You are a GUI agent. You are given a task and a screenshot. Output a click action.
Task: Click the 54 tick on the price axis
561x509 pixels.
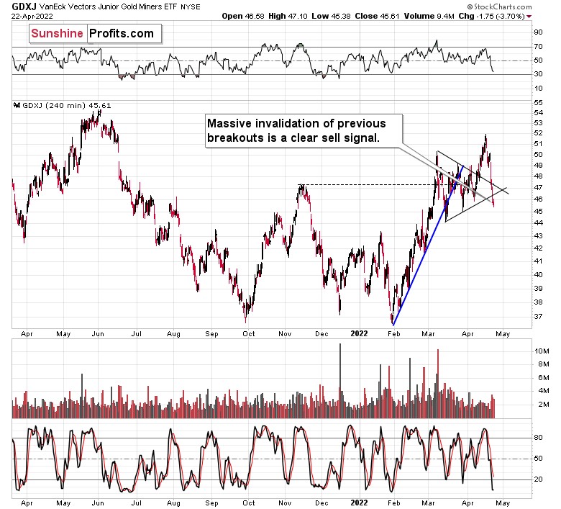tap(538, 112)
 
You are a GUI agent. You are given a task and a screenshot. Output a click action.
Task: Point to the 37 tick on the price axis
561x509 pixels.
tap(538, 316)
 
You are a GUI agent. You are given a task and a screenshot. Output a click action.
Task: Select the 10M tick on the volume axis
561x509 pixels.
tap(541, 351)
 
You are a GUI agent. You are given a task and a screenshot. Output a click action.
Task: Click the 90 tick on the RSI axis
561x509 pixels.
tap(538, 32)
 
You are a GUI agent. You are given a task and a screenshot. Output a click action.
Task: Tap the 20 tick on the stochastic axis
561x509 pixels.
tap(538, 479)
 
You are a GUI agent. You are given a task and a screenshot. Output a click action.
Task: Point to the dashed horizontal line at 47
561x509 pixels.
tap(360, 186)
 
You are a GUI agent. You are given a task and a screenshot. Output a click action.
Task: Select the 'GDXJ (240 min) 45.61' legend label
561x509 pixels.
tap(58, 105)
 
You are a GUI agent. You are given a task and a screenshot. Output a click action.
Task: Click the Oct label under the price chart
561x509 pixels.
tap(248, 334)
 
